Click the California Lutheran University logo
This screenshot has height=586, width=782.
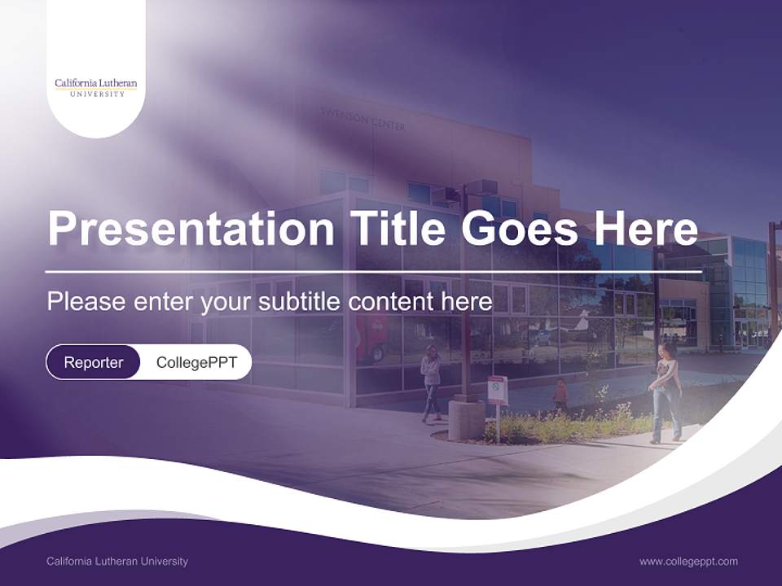tap(95, 87)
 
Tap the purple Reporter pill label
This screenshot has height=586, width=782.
tap(93, 362)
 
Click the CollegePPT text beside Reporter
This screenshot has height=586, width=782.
tap(196, 362)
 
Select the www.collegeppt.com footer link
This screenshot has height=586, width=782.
tap(688, 561)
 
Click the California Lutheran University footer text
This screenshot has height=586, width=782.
tap(117, 561)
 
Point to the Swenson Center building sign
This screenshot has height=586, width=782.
tap(362, 121)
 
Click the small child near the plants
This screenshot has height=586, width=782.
tap(560, 395)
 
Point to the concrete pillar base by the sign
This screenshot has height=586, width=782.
tap(466, 418)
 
